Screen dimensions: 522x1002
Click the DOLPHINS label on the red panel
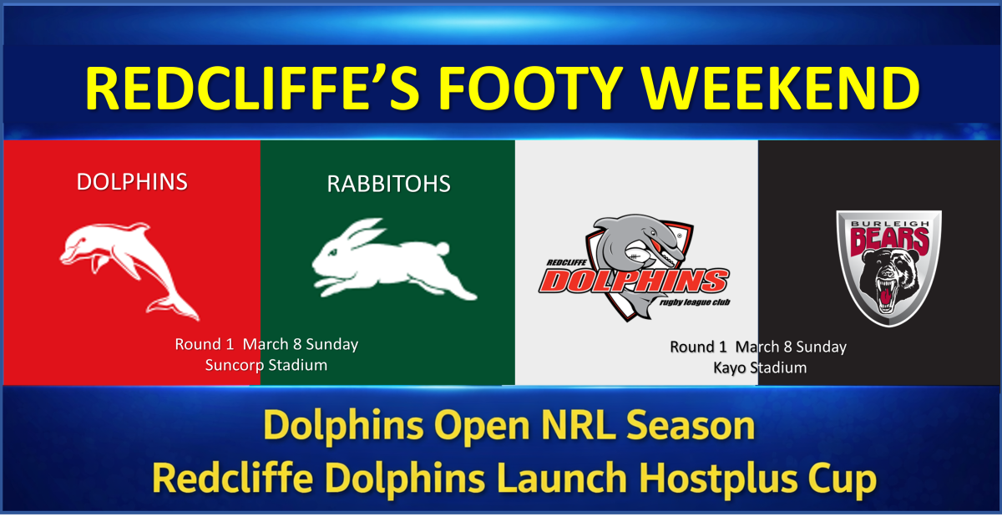[x=132, y=182]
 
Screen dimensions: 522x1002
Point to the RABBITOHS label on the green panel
[x=388, y=184]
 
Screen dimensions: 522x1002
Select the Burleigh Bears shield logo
[x=888, y=267]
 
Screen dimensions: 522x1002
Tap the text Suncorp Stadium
[x=266, y=365]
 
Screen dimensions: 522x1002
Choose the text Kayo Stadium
[x=759, y=367]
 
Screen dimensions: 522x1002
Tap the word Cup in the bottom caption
[x=843, y=479]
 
